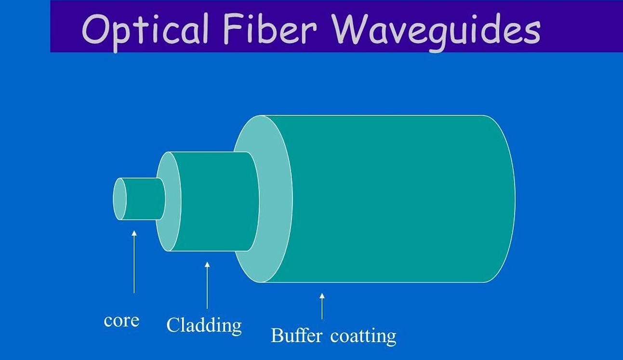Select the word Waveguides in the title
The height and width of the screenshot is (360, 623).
pos(437,31)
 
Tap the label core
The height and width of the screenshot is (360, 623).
pos(121,321)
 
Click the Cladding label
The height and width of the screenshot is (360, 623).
pos(204,325)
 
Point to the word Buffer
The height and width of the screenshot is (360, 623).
pos(296,335)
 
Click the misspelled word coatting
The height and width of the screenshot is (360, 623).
pos(363,337)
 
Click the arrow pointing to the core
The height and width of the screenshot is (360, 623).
pos(134,262)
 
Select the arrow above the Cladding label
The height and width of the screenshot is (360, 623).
pos(207,285)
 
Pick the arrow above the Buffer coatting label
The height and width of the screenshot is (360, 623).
pos(322,307)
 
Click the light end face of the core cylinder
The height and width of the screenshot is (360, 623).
pos(119,199)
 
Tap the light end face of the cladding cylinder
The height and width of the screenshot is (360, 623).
pos(169,201)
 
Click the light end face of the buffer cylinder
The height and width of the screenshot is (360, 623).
pos(263,199)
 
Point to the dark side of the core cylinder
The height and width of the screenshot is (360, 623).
pos(145,199)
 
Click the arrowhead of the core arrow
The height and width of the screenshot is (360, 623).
pos(134,233)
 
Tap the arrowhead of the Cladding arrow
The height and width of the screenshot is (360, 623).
pos(207,264)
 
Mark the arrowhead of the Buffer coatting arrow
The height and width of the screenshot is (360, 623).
pos(322,296)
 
